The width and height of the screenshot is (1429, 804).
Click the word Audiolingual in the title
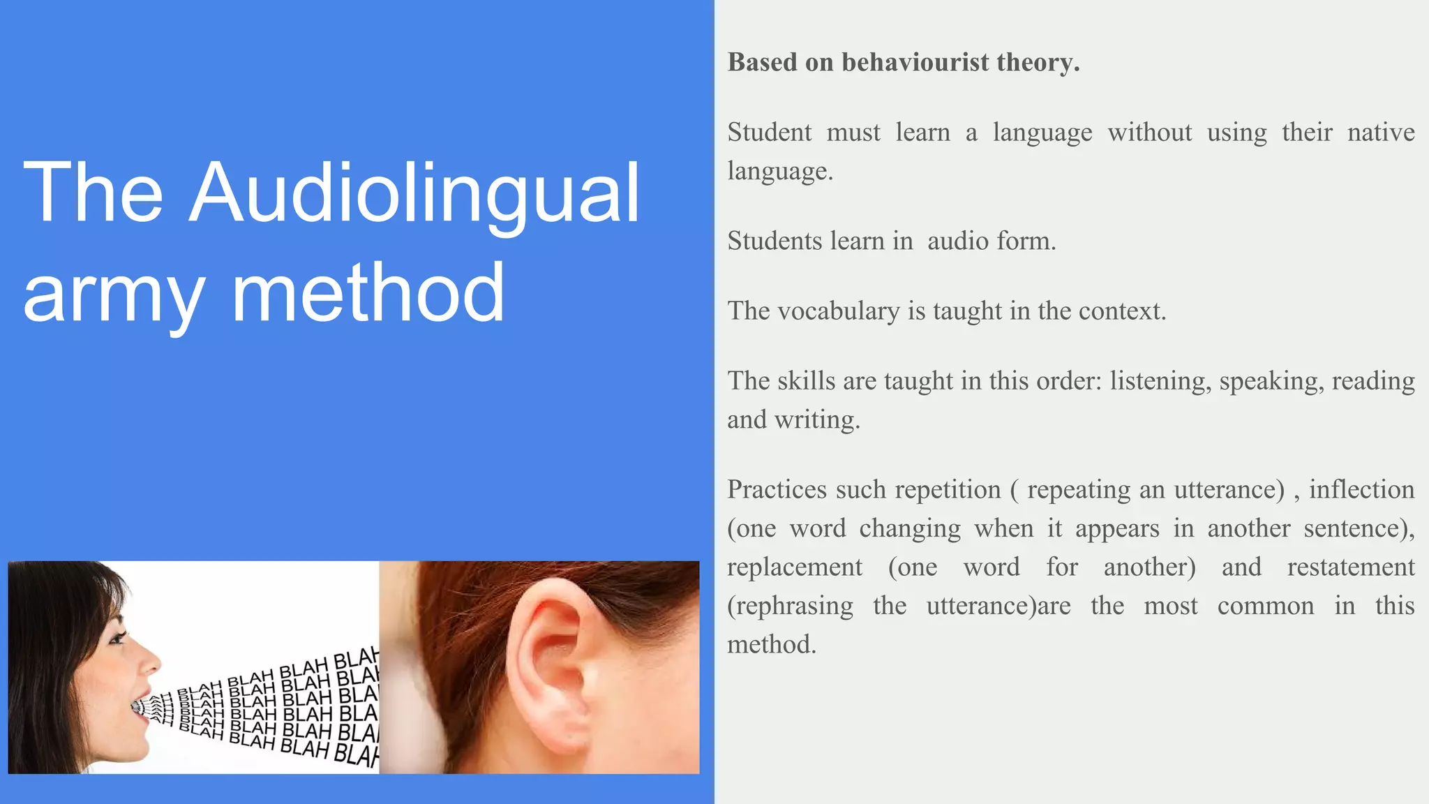[x=414, y=193]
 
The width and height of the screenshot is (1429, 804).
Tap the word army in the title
[x=114, y=293]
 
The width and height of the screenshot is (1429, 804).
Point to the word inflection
[x=1361, y=489]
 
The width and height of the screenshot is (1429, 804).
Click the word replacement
[x=794, y=567]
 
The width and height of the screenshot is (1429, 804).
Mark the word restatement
[x=1350, y=567]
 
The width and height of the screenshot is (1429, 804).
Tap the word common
[x=1265, y=606]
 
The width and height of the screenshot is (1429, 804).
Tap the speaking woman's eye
[x=117, y=636]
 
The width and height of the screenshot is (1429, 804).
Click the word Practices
[x=777, y=489]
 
